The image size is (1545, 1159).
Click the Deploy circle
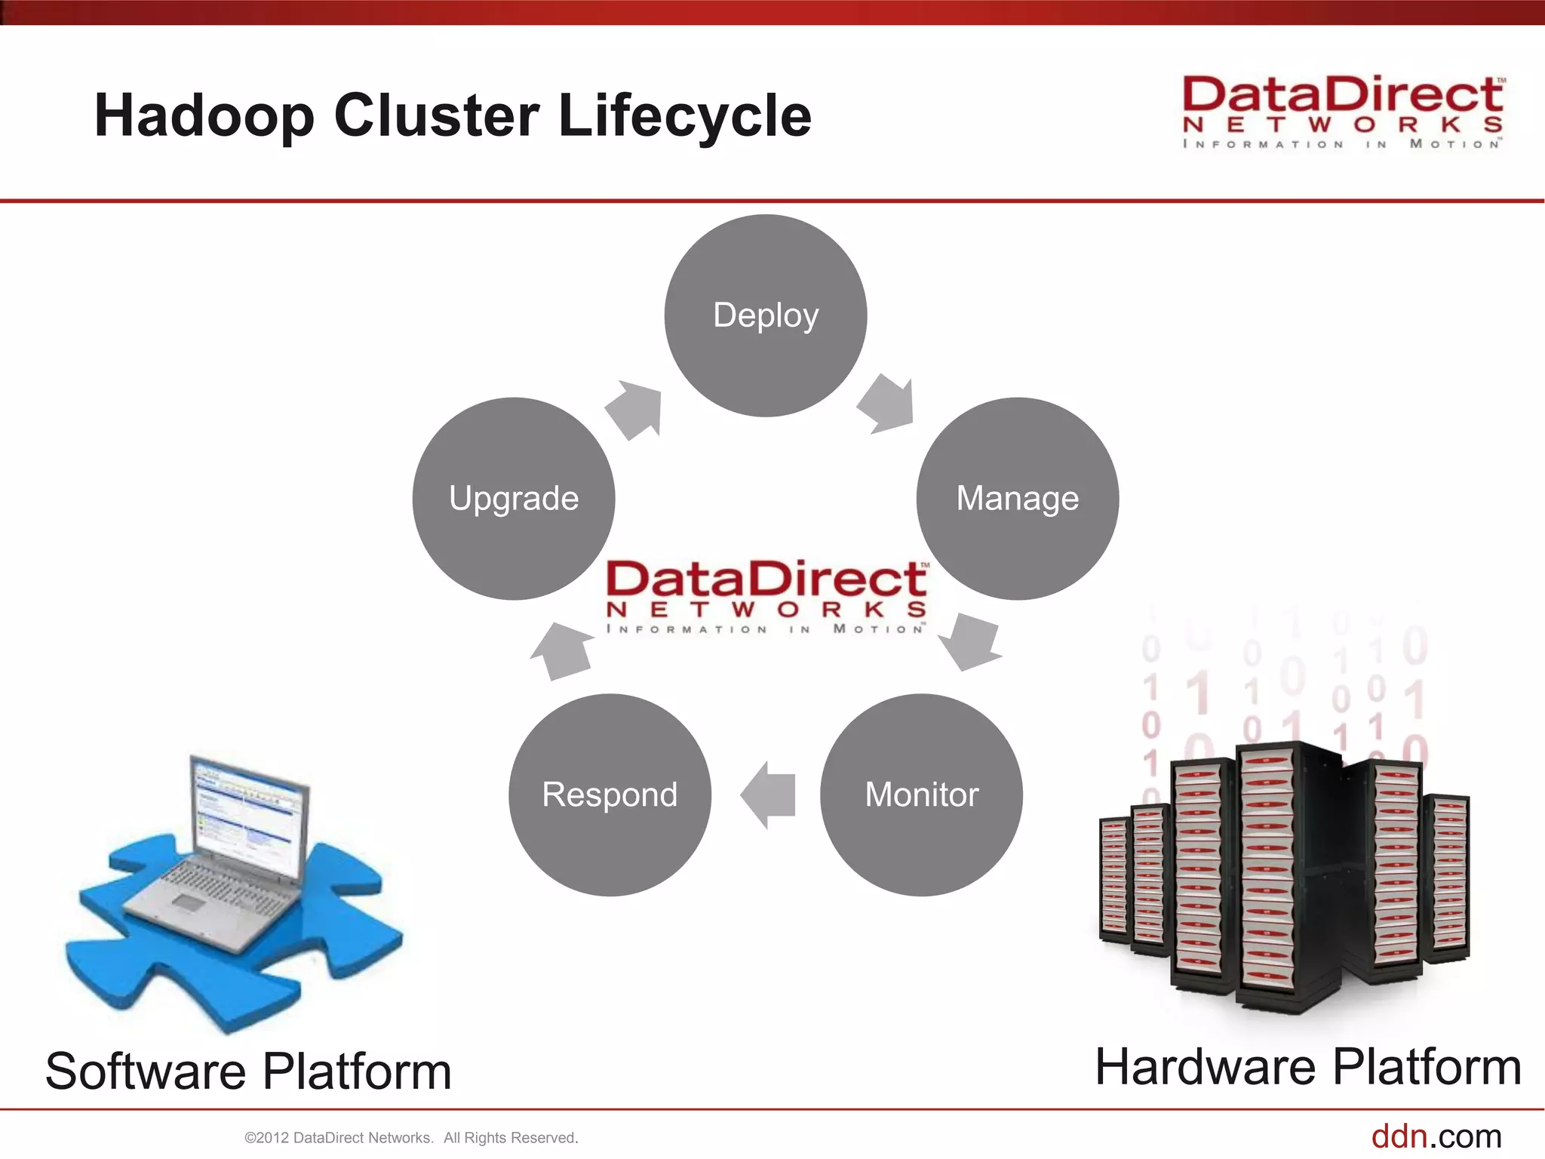click(765, 315)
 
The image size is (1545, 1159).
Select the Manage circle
click(1017, 499)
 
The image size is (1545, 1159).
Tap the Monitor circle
click(921, 795)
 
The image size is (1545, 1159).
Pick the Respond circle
click(610, 795)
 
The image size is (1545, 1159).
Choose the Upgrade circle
click(514, 499)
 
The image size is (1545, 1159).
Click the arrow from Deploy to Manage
click(888, 404)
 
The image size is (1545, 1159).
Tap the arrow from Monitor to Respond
click(769, 795)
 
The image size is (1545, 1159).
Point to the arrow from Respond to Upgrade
click(561, 650)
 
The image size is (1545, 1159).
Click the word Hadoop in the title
click(204, 116)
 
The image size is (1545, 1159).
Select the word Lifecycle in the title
click(684, 116)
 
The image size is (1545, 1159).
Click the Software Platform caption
click(248, 1071)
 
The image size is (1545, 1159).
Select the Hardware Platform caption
click(1308, 1067)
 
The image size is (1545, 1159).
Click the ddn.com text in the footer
click(1436, 1136)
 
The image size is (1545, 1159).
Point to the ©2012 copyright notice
click(411, 1138)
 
